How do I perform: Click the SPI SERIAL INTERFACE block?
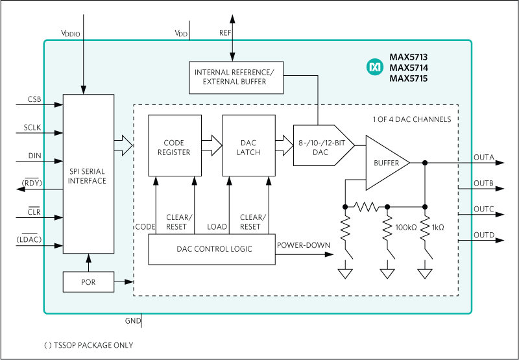pos(88,175)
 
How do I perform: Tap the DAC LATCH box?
pos(248,146)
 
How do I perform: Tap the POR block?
pos(88,282)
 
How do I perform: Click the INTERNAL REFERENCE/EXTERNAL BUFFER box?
pos(234,76)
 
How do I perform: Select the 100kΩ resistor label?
pos(407,228)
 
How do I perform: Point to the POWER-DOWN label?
pos(304,245)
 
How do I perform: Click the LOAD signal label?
pos(217,227)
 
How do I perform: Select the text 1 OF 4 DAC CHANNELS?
pos(411,119)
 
